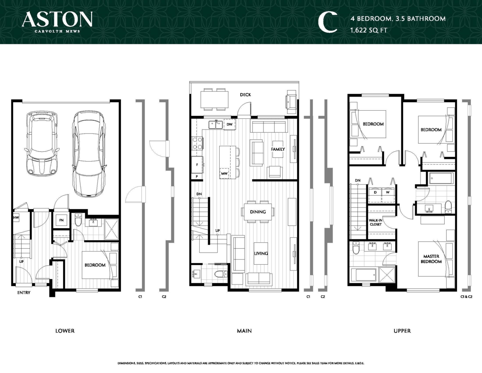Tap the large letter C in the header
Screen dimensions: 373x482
pyautogui.click(x=327, y=22)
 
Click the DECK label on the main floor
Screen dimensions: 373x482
pyautogui.click(x=245, y=95)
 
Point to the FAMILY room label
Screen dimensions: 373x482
pyautogui.click(x=278, y=149)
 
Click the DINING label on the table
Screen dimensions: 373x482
pyautogui.click(x=258, y=211)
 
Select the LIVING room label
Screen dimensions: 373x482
pyautogui.click(x=261, y=253)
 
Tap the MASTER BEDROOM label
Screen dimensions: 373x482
pyautogui.click(x=431, y=259)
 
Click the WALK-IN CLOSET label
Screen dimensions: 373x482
pyautogui.click(x=375, y=222)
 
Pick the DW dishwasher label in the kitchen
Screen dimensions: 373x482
pyautogui.click(x=229, y=125)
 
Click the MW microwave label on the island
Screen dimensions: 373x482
pyautogui.click(x=224, y=174)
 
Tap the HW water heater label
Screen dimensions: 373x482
pyautogui.click(x=16, y=218)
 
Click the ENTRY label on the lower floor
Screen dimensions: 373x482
pyautogui.click(x=23, y=293)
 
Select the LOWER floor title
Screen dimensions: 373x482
pyautogui.click(x=65, y=331)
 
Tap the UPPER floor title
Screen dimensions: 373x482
pyautogui.click(x=402, y=331)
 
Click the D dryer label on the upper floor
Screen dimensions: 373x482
pyautogui.click(x=376, y=192)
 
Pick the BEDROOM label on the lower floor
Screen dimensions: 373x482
pyautogui.click(x=95, y=265)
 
